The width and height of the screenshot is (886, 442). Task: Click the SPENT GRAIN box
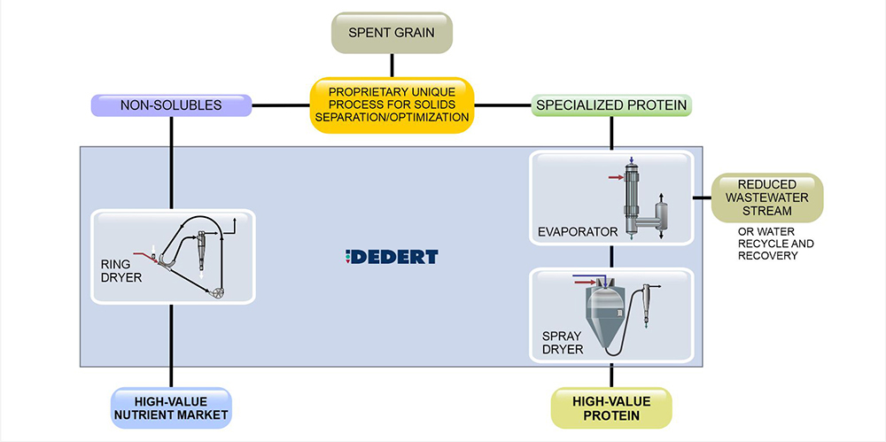392,35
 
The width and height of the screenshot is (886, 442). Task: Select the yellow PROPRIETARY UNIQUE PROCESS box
392,105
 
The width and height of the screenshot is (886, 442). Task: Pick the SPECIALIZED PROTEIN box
611,106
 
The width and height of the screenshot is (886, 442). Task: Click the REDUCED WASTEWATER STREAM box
766,198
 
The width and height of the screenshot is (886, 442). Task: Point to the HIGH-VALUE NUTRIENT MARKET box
171,407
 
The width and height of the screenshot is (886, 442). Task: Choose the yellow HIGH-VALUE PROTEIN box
611,407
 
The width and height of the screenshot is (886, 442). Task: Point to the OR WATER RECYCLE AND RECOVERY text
772,244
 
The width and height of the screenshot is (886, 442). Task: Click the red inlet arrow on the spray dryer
585,281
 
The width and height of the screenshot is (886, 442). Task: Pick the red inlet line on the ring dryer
142,254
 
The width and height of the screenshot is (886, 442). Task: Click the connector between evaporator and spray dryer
611,257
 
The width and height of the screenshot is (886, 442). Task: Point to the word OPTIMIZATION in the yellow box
422,118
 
